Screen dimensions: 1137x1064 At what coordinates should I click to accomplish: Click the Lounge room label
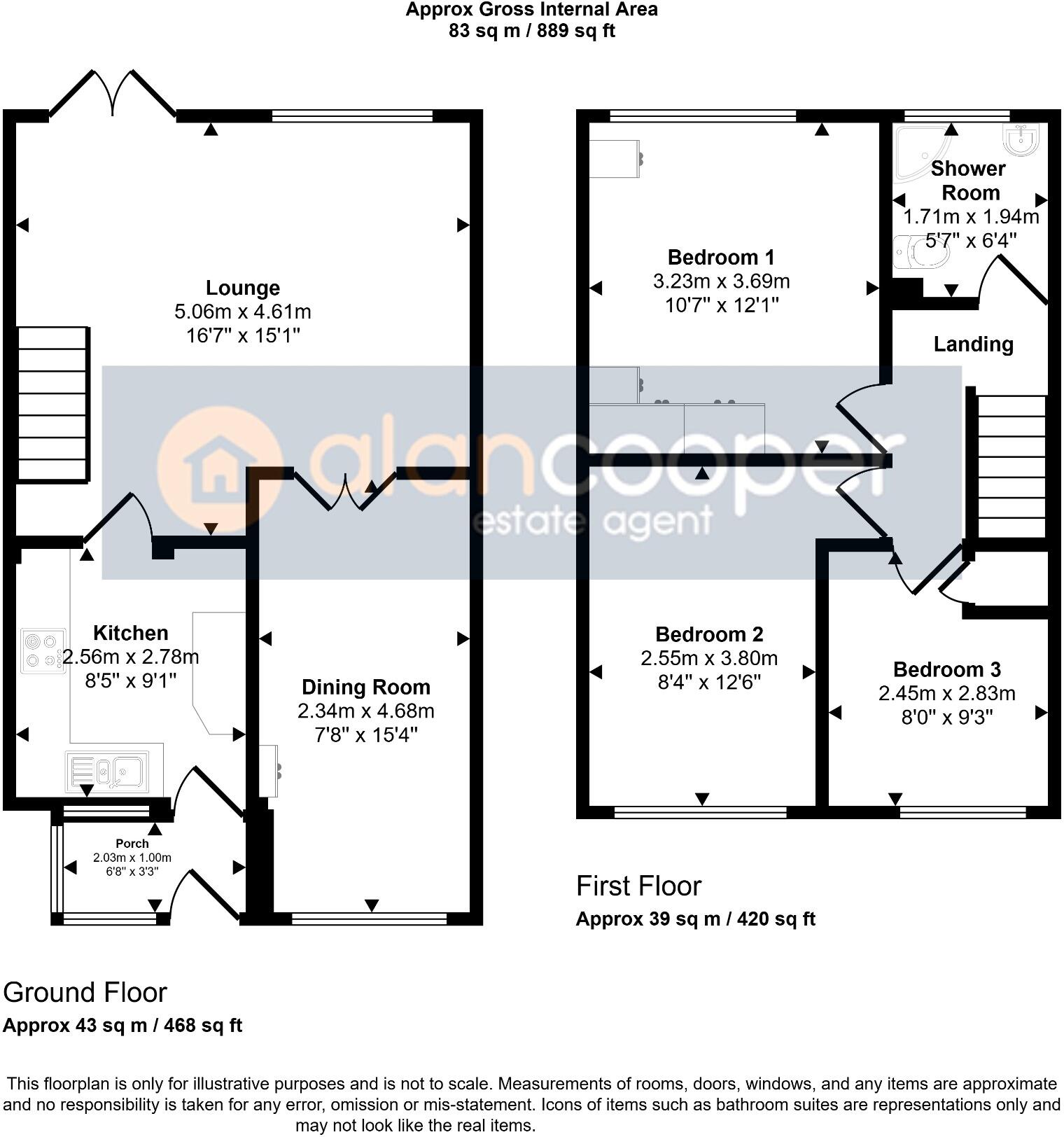pyautogui.click(x=242, y=288)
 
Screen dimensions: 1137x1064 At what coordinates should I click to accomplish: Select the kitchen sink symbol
pyautogui.click(x=108, y=772)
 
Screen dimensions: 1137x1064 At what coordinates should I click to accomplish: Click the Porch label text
pyautogui.click(x=132, y=844)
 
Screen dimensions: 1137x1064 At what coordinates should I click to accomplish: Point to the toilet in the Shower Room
pyautogui.click(x=921, y=253)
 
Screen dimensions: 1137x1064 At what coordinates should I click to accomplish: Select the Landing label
pyautogui.click(x=973, y=344)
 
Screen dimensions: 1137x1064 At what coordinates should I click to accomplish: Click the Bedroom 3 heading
pyautogui.click(x=946, y=669)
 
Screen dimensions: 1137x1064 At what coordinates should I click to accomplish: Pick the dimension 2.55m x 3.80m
pyautogui.click(x=708, y=658)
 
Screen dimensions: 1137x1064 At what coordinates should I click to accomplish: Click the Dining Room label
pyautogui.click(x=365, y=687)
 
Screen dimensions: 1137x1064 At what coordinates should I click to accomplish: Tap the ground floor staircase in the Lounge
pyautogui.click(x=52, y=404)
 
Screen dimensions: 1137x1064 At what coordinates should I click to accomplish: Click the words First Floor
pyautogui.click(x=638, y=886)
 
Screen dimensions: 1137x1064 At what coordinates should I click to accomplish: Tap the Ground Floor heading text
pyautogui.click(x=85, y=993)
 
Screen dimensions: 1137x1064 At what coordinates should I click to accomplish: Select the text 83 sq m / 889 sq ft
pyautogui.click(x=531, y=32)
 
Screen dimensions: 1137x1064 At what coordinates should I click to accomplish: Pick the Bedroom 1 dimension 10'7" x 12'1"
pyautogui.click(x=721, y=305)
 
